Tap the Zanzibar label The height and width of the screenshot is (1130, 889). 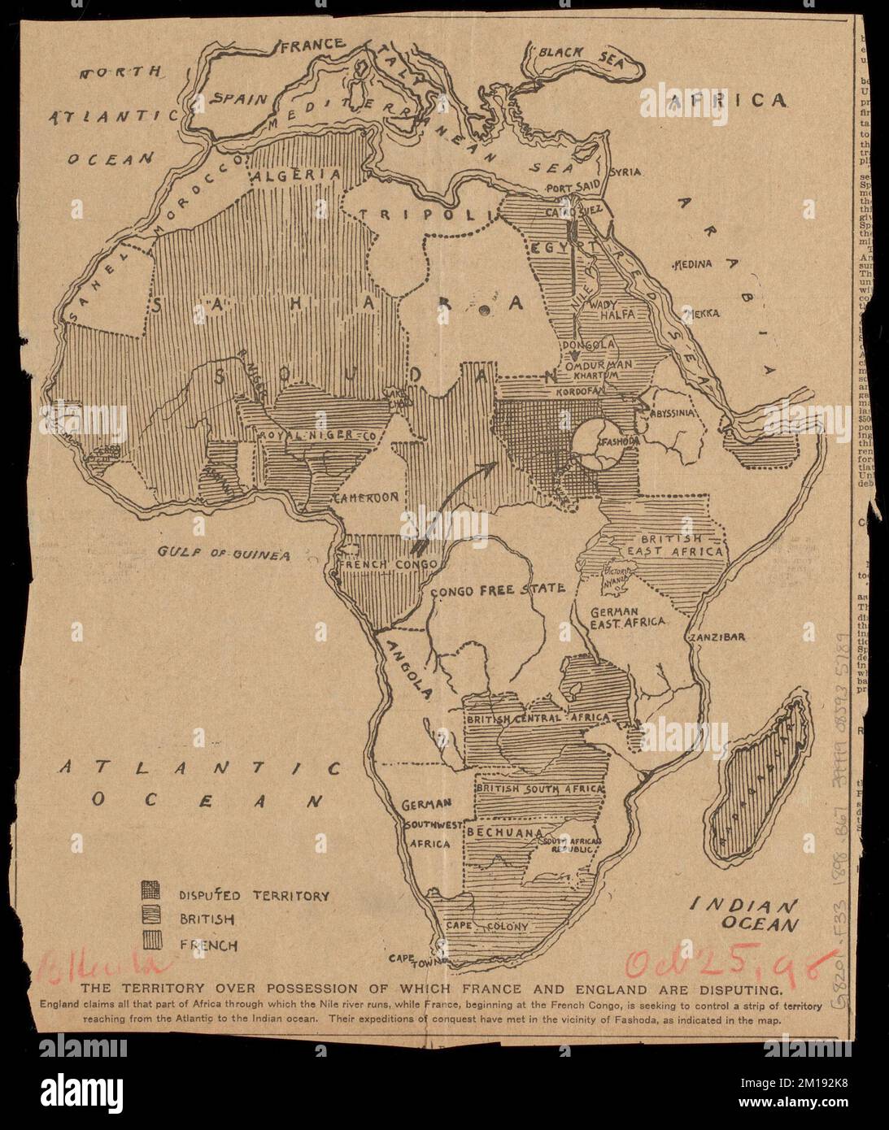pyautogui.click(x=716, y=637)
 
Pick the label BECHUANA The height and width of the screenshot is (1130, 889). pyautogui.click(x=504, y=833)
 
